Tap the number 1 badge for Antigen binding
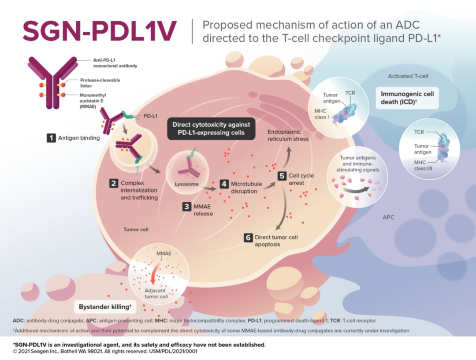tap(52, 138)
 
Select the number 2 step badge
tap(114, 183)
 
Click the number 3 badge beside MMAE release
tap(187, 206)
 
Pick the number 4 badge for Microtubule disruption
tap(224, 183)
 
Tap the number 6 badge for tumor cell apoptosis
tap(248, 238)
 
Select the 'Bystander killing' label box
tap(105, 306)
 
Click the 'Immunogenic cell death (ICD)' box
tap(407, 97)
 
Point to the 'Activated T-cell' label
tap(408, 76)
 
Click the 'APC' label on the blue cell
tap(388, 218)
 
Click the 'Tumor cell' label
tap(136, 230)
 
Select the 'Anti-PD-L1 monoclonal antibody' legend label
tap(108, 63)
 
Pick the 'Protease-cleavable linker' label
tap(100, 83)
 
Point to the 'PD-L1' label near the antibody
tap(150, 117)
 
